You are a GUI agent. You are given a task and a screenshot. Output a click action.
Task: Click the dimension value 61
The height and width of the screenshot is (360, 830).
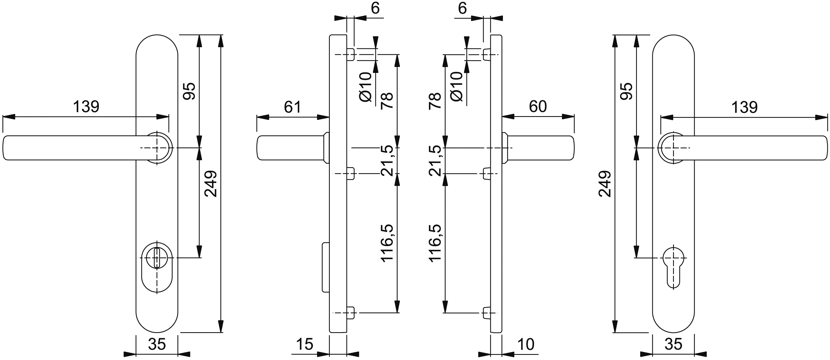292,107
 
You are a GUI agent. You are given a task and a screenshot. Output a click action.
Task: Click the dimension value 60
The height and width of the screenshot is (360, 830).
538,107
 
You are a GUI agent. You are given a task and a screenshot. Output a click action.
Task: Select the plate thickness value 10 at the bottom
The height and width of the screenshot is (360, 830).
526,344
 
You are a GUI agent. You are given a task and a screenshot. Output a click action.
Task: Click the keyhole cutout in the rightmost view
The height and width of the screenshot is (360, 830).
673,268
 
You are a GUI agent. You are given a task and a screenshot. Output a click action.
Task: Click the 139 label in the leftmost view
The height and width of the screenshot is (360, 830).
86,107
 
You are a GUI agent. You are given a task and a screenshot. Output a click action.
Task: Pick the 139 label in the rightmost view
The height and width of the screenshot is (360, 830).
744,107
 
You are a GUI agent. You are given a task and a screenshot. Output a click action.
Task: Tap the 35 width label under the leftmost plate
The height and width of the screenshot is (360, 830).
157,344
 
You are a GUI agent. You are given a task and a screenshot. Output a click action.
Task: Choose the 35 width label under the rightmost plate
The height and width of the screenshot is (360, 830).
673,344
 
